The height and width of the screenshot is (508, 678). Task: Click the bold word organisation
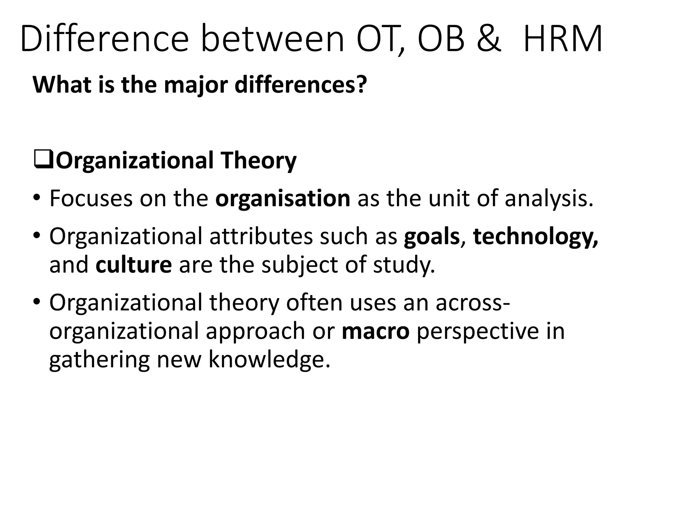coord(283,199)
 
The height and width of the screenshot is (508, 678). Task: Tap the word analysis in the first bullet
coord(548,199)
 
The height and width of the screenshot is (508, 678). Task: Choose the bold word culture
coord(134,265)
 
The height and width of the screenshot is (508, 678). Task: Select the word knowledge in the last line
coord(269,360)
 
